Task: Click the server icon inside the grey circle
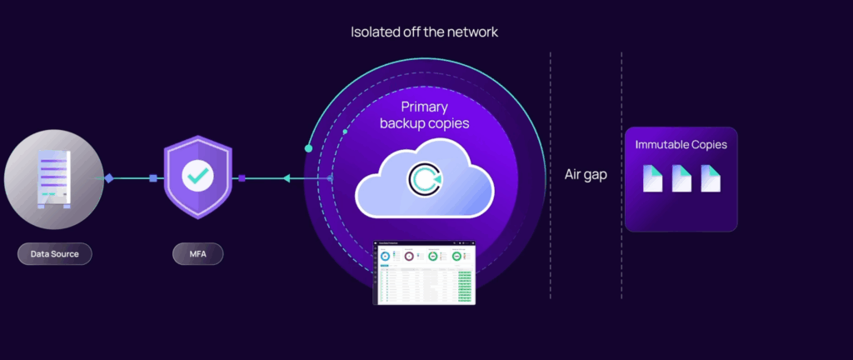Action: click(x=52, y=179)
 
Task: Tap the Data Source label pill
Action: click(x=54, y=253)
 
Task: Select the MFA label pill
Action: click(x=198, y=253)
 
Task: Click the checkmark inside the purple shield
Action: click(x=198, y=176)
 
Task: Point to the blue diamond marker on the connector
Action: click(x=109, y=178)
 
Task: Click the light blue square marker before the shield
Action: click(x=153, y=178)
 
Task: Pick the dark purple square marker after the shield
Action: click(x=242, y=178)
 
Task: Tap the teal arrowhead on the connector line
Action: click(x=286, y=178)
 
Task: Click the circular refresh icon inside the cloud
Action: click(x=422, y=177)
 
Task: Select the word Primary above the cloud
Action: click(x=425, y=107)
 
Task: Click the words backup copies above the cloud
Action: click(x=425, y=123)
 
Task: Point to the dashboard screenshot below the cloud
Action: click(x=426, y=273)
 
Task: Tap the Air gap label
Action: click(x=586, y=176)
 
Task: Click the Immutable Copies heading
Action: click(x=681, y=145)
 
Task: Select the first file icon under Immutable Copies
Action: click(x=653, y=177)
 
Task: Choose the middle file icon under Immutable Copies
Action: click(x=681, y=177)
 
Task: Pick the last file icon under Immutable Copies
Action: click(x=710, y=177)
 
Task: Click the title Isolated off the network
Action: click(x=426, y=32)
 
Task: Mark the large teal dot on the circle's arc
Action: click(x=309, y=148)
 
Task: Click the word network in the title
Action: click(x=473, y=32)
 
